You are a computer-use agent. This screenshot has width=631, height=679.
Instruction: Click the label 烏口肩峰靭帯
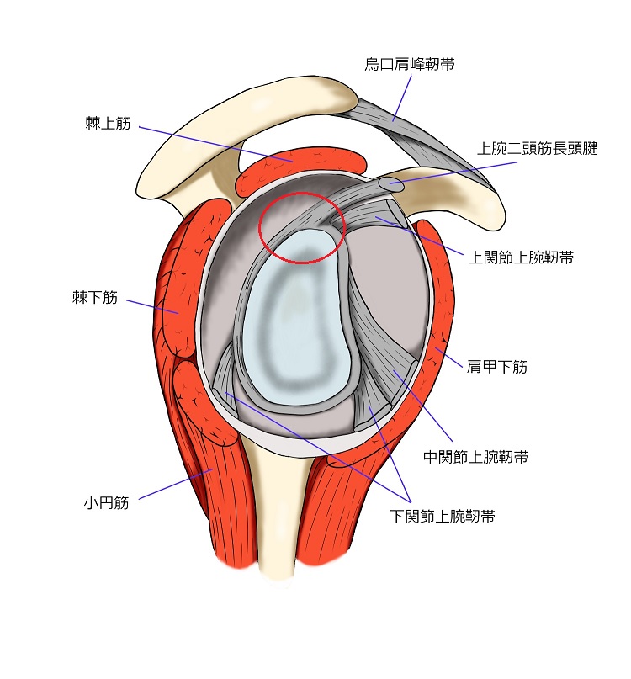point(410,64)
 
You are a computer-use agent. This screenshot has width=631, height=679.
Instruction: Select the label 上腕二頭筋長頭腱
point(537,149)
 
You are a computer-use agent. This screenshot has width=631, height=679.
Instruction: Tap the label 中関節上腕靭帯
point(475,457)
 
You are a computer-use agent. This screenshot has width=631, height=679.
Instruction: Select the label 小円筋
point(106,503)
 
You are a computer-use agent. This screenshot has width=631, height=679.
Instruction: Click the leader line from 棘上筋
point(210,143)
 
